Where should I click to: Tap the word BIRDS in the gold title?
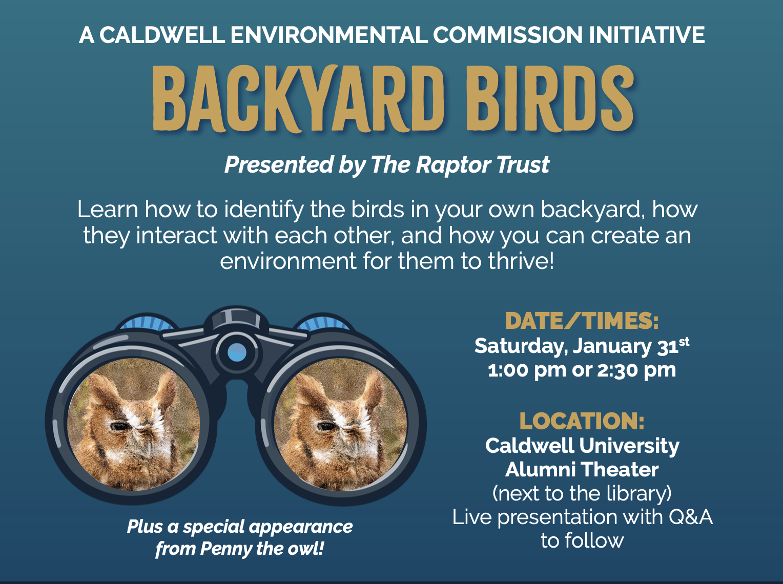tap(549, 98)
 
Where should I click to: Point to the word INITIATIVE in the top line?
tap(647, 35)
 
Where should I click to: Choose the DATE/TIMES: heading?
tap(582, 321)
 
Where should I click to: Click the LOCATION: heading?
tap(582, 421)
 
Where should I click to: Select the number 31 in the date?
tap(668, 347)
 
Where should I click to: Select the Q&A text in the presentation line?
tap(691, 516)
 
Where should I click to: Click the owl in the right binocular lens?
tap(339, 425)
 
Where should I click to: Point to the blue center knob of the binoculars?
tap(236, 352)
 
